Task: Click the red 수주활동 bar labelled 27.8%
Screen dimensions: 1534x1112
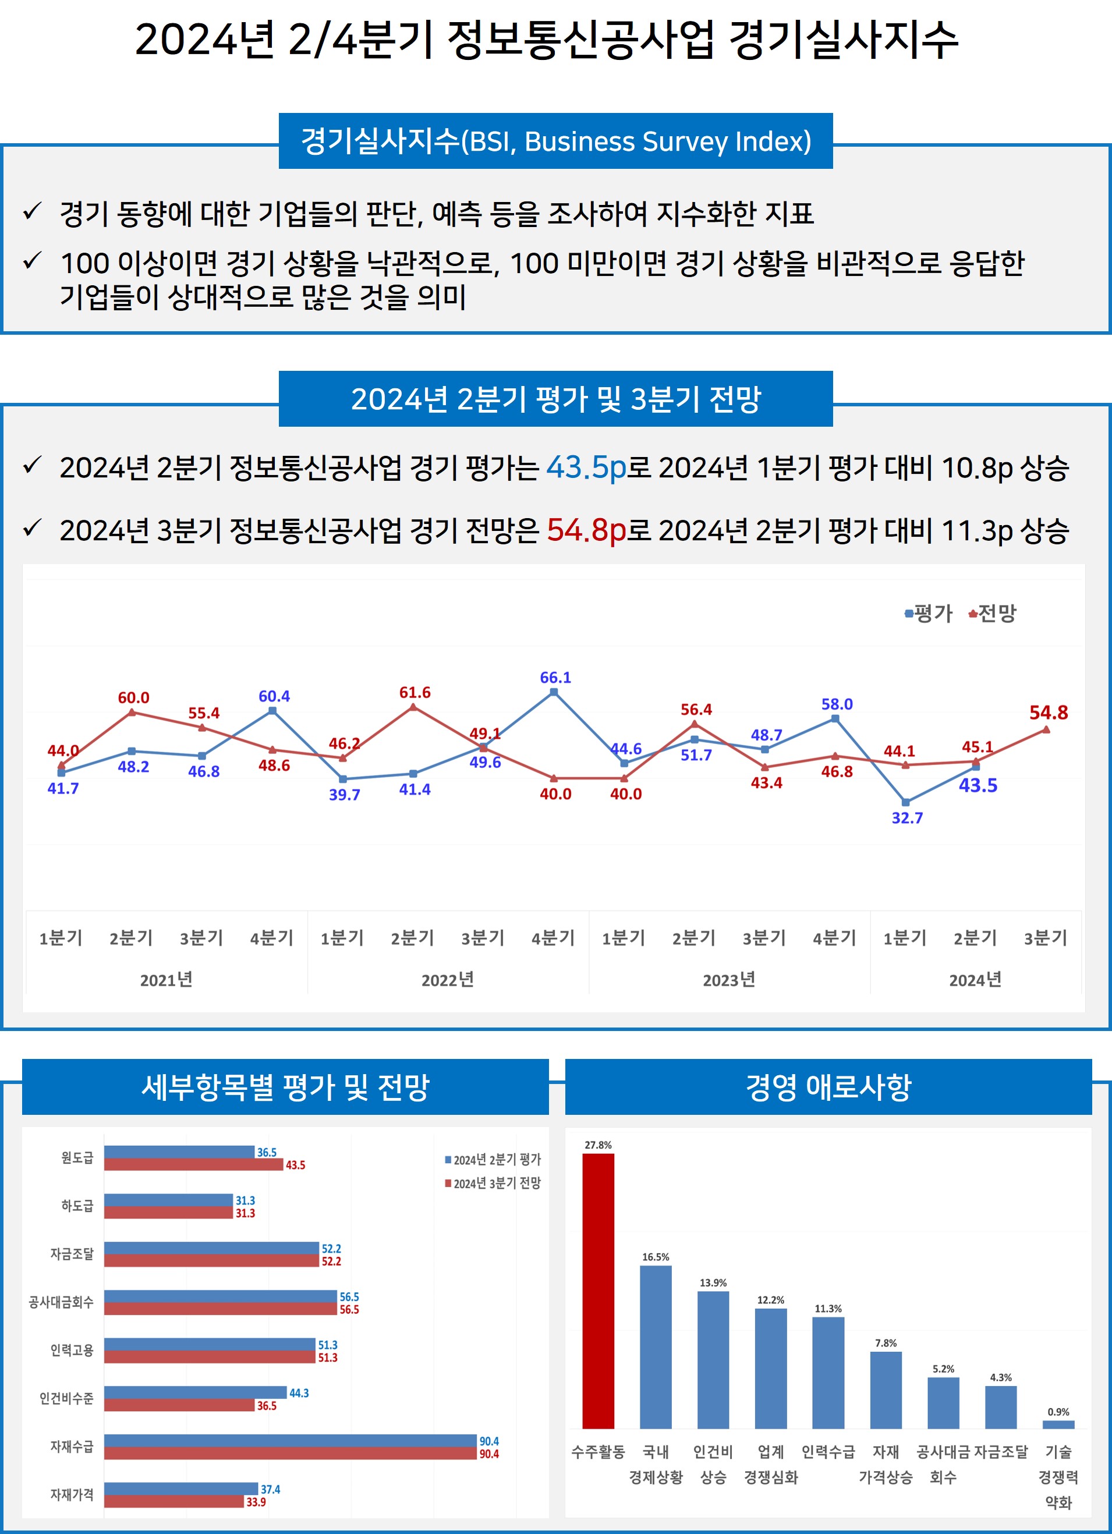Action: point(598,1291)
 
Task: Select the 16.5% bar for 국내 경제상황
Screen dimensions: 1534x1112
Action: point(656,1347)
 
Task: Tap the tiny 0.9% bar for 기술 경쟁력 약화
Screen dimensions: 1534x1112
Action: point(1058,1425)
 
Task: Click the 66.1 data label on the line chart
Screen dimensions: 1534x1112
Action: point(555,678)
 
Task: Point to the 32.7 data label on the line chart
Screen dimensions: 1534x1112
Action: point(907,819)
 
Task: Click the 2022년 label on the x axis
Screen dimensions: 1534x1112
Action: point(448,980)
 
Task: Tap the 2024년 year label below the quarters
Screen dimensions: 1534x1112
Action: point(975,980)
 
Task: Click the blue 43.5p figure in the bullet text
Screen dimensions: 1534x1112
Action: point(586,467)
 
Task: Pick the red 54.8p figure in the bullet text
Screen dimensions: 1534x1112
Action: point(586,530)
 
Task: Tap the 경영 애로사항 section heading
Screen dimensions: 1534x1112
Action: point(828,1087)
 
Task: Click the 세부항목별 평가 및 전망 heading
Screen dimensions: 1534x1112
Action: point(285,1087)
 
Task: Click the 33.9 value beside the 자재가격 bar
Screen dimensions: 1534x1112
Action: point(256,1502)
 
